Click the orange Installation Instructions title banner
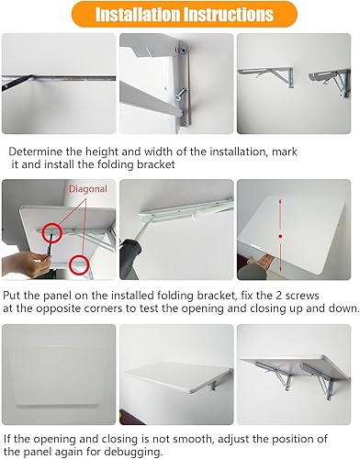point(180,16)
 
